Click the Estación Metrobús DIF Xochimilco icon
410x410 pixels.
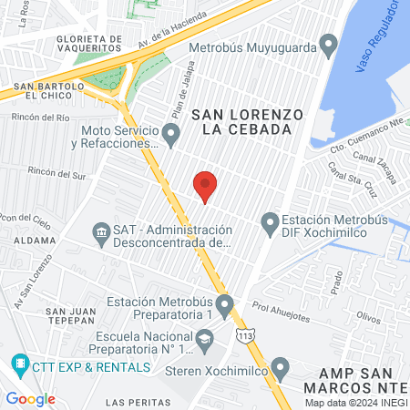pyautogui.click(x=270, y=221)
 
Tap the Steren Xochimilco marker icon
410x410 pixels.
pyautogui.click(x=280, y=369)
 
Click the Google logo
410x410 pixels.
pyautogui.click(x=30, y=398)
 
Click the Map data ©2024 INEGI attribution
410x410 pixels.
pyautogui.click(x=355, y=402)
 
